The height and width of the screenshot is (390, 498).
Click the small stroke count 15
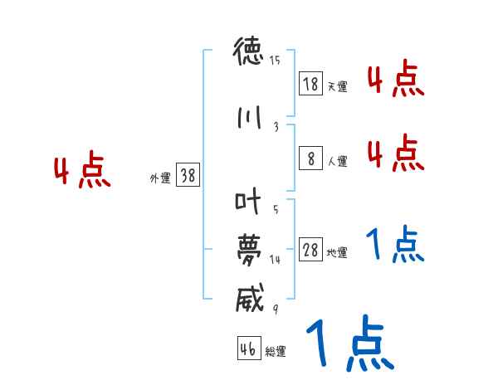click(275, 60)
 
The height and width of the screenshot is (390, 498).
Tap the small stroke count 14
click(275, 260)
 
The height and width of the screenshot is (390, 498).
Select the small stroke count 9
click(275, 308)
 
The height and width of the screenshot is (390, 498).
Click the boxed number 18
click(310, 85)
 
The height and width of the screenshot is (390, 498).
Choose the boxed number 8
click(310, 158)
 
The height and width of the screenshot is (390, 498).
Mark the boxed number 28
click(310, 251)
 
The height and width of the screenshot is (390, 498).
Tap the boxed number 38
click(188, 176)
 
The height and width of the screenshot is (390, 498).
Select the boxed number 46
click(248, 349)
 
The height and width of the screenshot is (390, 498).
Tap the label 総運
click(276, 352)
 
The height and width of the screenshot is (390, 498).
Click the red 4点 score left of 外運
click(81, 172)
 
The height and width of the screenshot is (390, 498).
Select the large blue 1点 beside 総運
click(349, 344)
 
